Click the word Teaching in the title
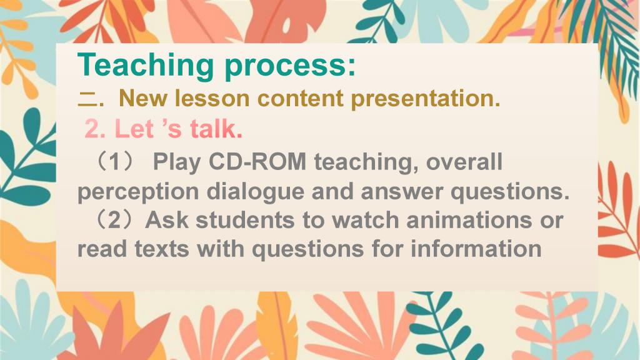pyautogui.click(x=146, y=65)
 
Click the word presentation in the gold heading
pyautogui.click(x=425, y=99)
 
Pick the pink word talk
pyautogui.click(x=216, y=129)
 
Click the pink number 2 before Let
pyautogui.click(x=92, y=129)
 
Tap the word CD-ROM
pyautogui.click(x=257, y=162)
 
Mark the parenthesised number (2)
pyautogui.click(x=114, y=221)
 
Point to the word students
pyautogui.click(x=245, y=220)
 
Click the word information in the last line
pyautogui.click(x=476, y=249)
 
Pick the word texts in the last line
pyautogui.click(x=162, y=249)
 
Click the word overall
pyautogui.click(x=464, y=162)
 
